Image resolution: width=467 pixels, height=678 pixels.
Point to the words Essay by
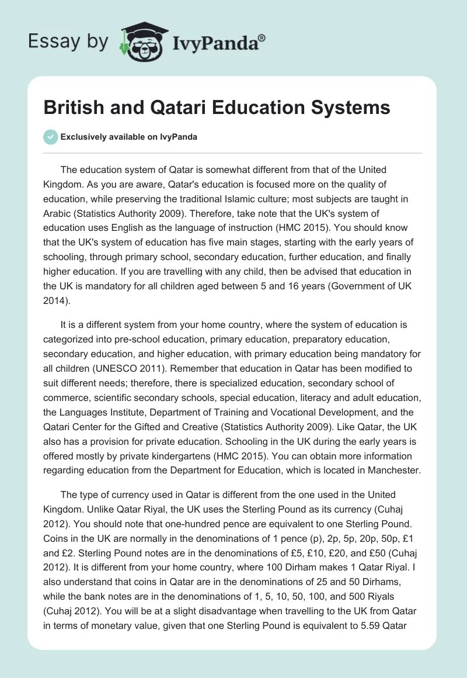(68, 41)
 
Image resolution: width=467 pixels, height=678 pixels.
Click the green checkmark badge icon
(50, 137)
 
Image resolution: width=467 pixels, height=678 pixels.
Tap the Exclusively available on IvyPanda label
(129, 137)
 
